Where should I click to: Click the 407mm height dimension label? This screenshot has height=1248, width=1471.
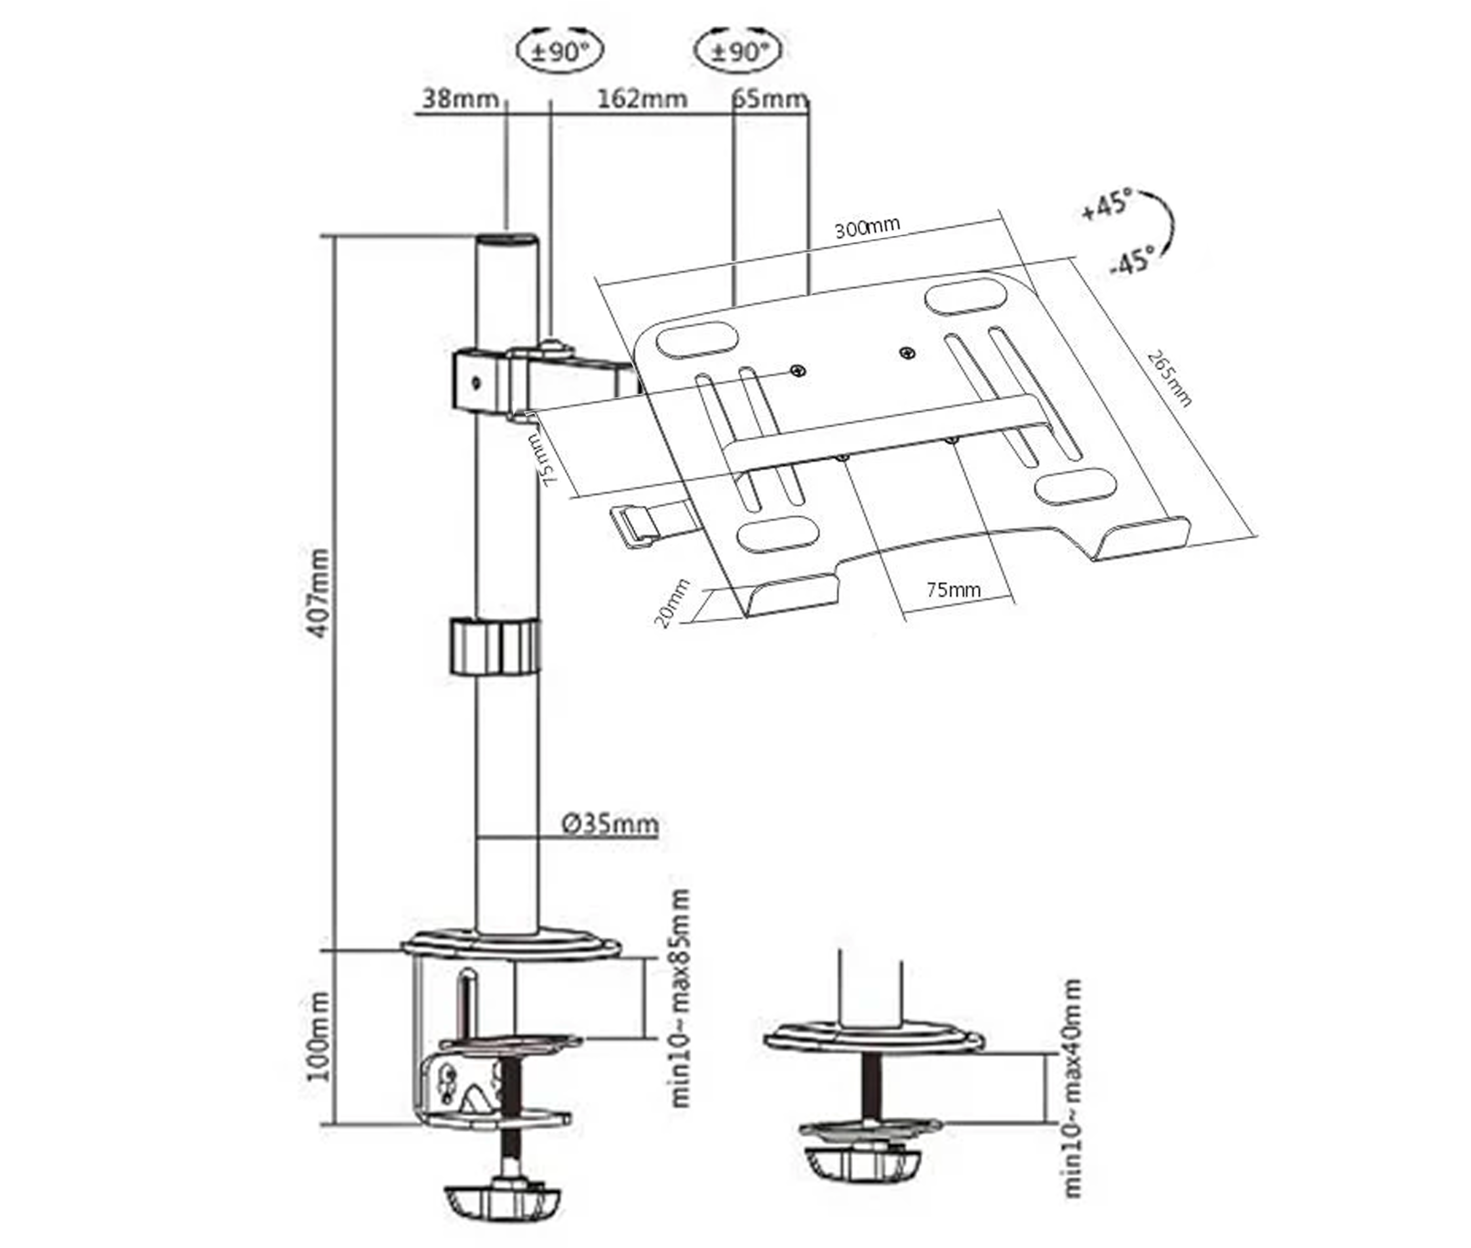319,593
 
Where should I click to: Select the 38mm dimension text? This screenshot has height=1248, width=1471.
460,99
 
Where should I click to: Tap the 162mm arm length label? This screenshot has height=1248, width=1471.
641,99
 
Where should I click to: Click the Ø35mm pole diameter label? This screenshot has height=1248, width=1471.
610,824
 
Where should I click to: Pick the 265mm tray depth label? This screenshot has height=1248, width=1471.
1169,378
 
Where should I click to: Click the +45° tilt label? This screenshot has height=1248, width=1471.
1107,205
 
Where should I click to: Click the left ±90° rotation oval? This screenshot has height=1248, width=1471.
560,52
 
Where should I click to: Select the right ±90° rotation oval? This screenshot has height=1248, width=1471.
738,52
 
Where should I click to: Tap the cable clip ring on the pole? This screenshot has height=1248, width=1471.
494,646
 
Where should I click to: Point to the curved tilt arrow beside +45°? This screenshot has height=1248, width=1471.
1164,225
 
